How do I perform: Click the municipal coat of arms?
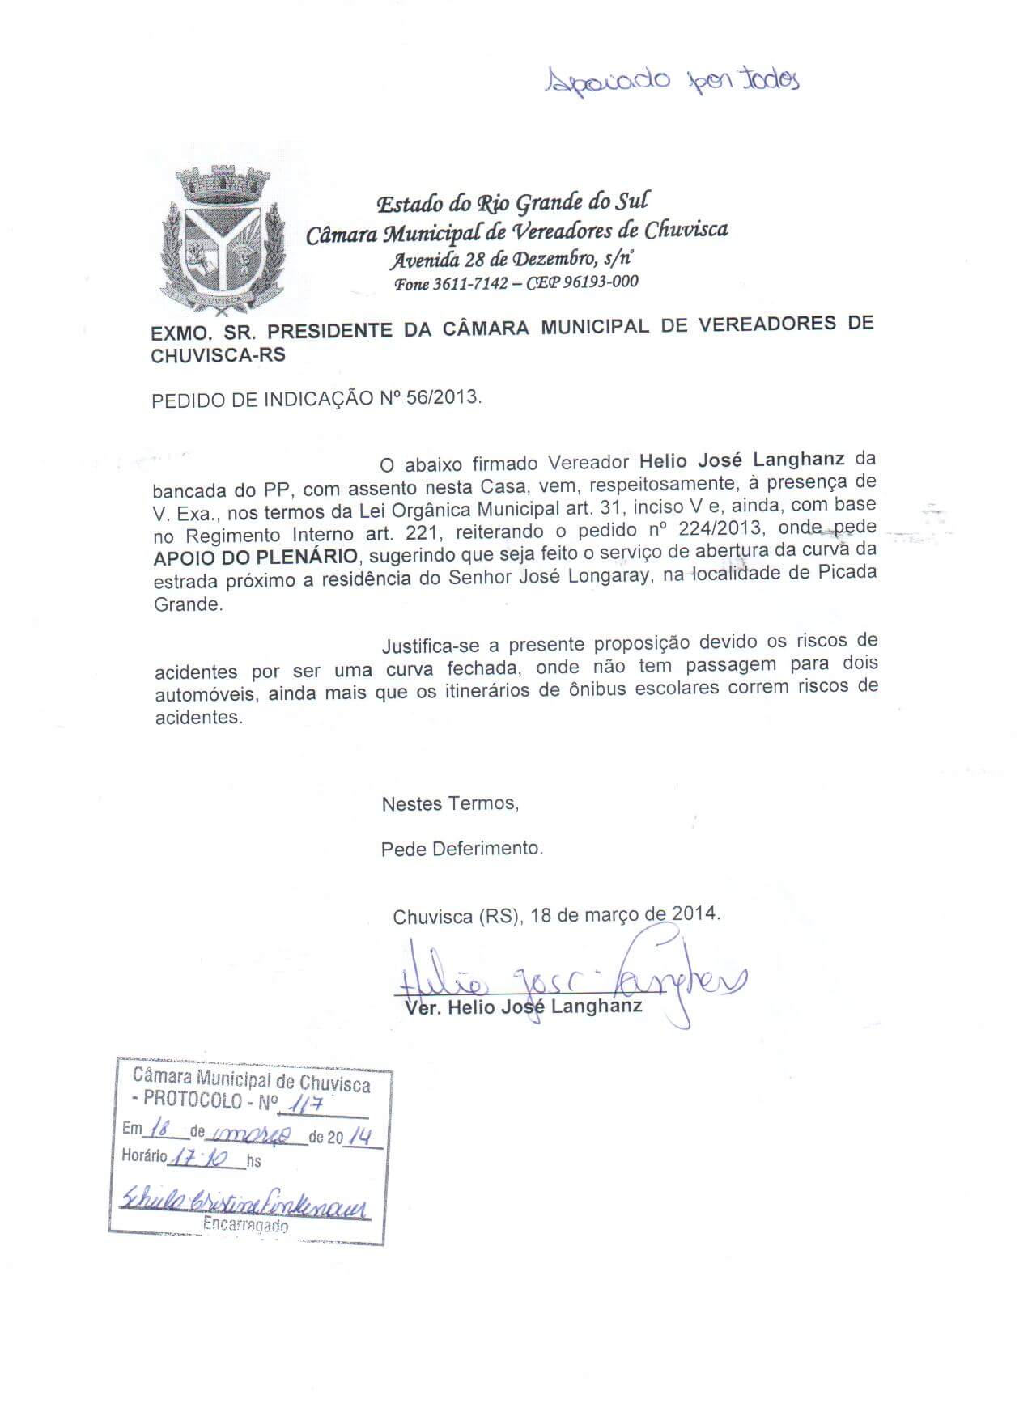(x=223, y=239)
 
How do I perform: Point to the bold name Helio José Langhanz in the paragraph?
(x=742, y=460)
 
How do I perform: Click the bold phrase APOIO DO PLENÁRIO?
(x=256, y=557)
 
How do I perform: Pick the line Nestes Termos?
(x=450, y=803)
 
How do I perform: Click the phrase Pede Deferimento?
(x=462, y=849)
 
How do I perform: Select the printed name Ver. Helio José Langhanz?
(x=522, y=1007)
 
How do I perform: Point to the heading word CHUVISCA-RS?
(x=218, y=355)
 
